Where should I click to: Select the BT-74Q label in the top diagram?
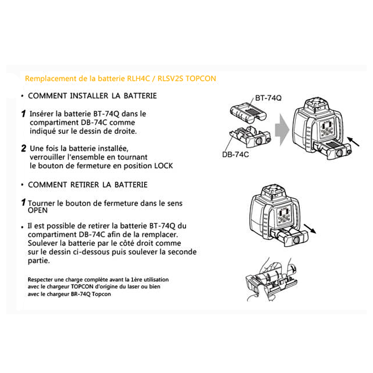[x=268, y=98]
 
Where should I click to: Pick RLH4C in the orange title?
[x=138, y=78]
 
